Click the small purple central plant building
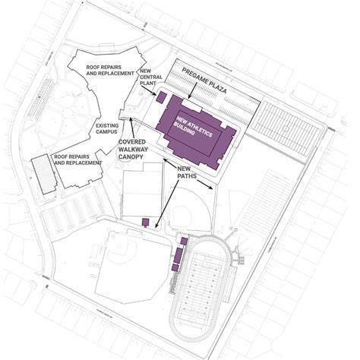coord(161,97)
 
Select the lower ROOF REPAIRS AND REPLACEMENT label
coord(77,159)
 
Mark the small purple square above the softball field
coord(144,221)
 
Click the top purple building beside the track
coord(182,242)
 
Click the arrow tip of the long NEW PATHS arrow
coord(156,226)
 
